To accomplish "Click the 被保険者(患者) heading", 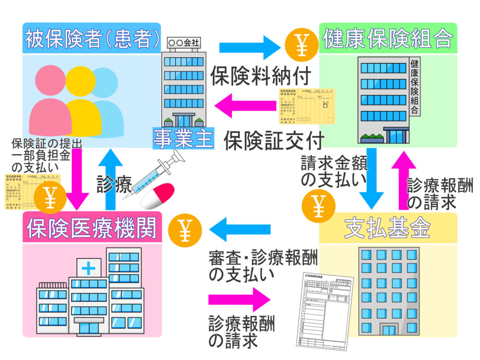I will click(92, 39).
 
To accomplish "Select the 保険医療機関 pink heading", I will click(92, 227).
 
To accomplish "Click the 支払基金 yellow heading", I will click(388, 228).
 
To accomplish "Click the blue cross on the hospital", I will click(88, 269).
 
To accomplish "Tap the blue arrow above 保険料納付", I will click(248, 47).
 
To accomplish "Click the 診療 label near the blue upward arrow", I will click(114, 184).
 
